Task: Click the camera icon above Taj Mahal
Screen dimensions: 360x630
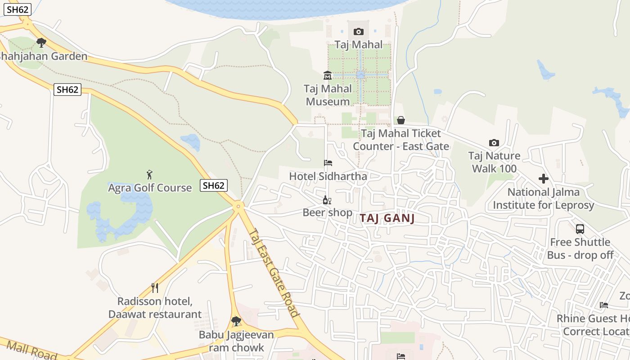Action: (x=358, y=31)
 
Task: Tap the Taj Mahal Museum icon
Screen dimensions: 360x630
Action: (x=327, y=75)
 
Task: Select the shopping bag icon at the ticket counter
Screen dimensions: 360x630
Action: (x=400, y=120)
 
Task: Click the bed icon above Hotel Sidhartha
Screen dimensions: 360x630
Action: (x=328, y=163)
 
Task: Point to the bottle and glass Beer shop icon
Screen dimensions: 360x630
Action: (x=327, y=200)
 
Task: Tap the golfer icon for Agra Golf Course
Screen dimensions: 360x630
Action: (x=149, y=175)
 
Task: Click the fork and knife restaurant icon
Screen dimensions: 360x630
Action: (x=155, y=288)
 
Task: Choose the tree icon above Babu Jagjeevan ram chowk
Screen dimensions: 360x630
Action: (x=236, y=321)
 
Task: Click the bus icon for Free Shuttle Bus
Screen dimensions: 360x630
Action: (x=580, y=229)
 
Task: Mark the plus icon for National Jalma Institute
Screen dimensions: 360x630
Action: (x=544, y=179)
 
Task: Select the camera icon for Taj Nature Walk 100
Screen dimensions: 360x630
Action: (x=494, y=143)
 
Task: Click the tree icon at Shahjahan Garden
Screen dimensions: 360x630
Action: (x=41, y=43)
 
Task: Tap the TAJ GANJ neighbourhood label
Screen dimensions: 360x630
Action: (x=387, y=218)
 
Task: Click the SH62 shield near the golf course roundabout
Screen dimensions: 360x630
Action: (x=214, y=185)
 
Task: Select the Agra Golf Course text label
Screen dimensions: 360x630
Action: (x=150, y=188)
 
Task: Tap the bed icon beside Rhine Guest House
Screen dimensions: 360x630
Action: (x=604, y=305)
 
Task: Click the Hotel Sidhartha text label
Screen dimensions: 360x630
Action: (x=328, y=176)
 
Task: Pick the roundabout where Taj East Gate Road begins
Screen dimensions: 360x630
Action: (x=238, y=206)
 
